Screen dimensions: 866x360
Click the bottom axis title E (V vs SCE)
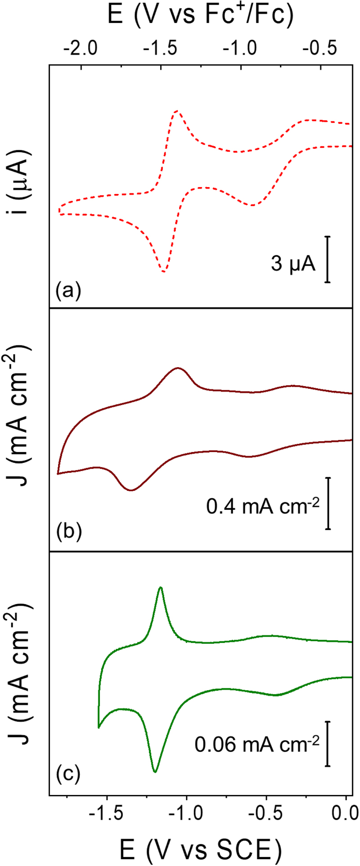coord(201,849)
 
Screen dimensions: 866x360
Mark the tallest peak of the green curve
coord(161,587)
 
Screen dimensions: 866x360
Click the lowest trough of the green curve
coord(155,772)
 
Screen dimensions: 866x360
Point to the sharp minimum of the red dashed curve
coord(164,272)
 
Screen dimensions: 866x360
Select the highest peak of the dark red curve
coord(179,368)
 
